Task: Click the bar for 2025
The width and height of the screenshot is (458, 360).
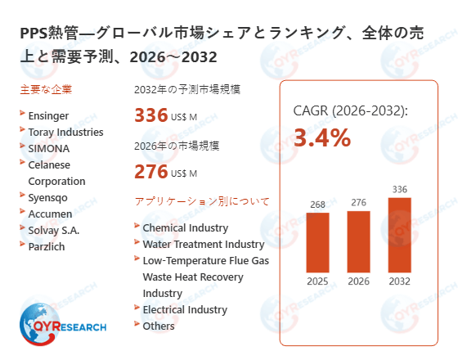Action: (x=317, y=242)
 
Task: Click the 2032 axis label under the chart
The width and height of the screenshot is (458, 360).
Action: (x=399, y=282)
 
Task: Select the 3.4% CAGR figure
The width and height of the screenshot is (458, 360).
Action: (x=321, y=138)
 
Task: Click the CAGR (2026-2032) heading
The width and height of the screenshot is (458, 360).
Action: (x=350, y=110)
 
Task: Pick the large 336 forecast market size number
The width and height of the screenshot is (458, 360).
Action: (x=150, y=115)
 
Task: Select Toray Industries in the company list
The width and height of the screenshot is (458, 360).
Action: (x=65, y=132)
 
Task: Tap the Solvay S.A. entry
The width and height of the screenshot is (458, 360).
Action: (x=54, y=229)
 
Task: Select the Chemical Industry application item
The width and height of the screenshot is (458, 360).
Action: (x=185, y=227)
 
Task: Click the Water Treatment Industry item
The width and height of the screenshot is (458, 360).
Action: (x=203, y=244)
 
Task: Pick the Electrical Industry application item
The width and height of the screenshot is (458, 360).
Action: (x=185, y=309)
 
